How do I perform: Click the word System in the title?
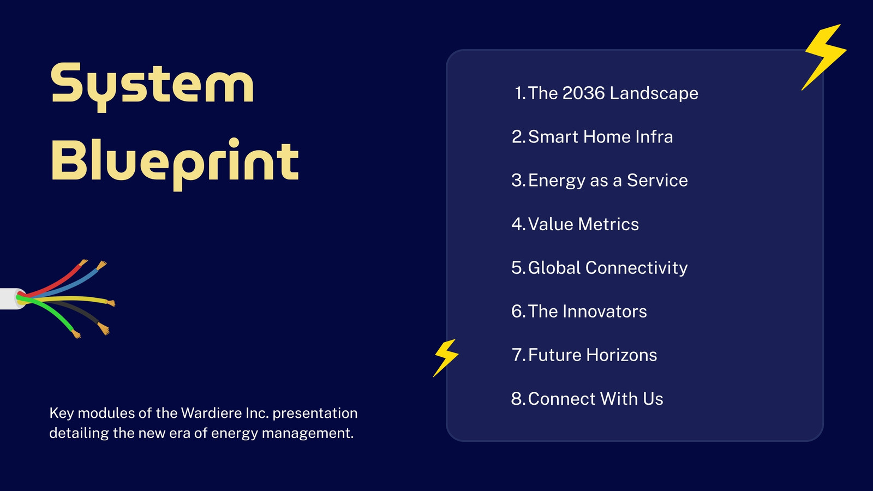coord(152,87)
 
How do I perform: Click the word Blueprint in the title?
coord(175,164)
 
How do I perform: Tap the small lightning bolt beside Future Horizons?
coord(446,358)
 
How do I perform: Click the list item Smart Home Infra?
coord(592,137)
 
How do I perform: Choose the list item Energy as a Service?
coord(600,181)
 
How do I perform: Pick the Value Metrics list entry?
coord(575,224)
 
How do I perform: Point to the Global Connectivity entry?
coord(600,268)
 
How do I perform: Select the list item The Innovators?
coord(579,312)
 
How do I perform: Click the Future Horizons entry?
coord(584,355)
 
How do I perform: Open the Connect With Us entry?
coord(587,399)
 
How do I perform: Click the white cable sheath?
coord(11,299)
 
